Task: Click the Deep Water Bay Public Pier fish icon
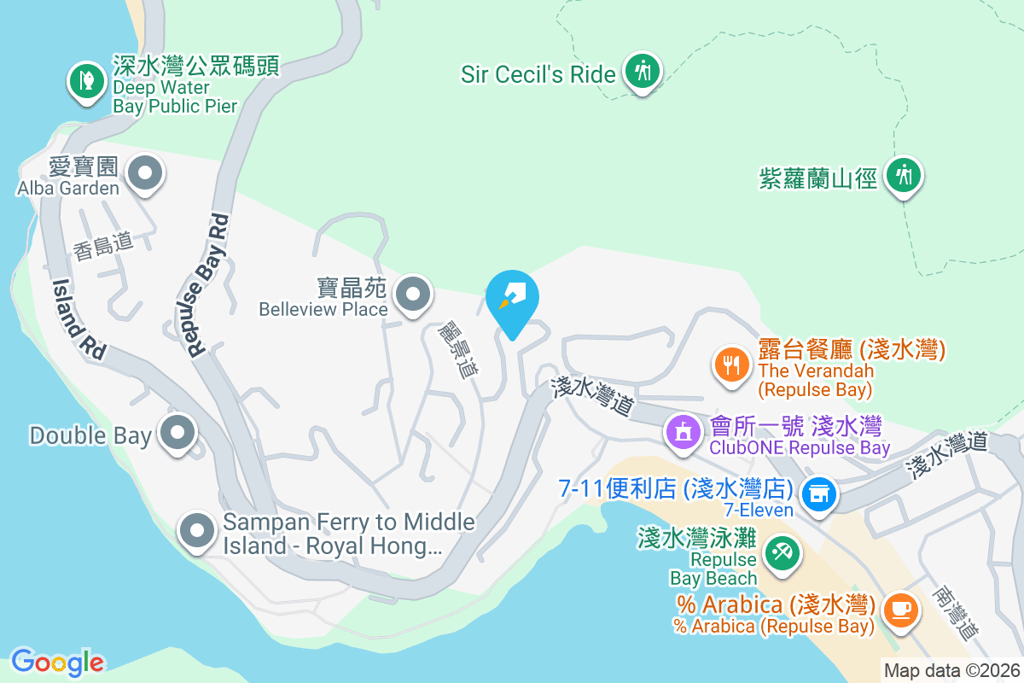click(85, 81)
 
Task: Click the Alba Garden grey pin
click(145, 173)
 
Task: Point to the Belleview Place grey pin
click(414, 295)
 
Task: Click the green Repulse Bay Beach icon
click(780, 551)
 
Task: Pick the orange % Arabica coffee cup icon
click(899, 610)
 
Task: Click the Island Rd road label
click(79, 318)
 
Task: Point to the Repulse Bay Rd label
click(207, 284)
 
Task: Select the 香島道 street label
click(103, 247)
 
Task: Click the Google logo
click(57, 662)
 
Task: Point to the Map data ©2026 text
click(951, 671)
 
